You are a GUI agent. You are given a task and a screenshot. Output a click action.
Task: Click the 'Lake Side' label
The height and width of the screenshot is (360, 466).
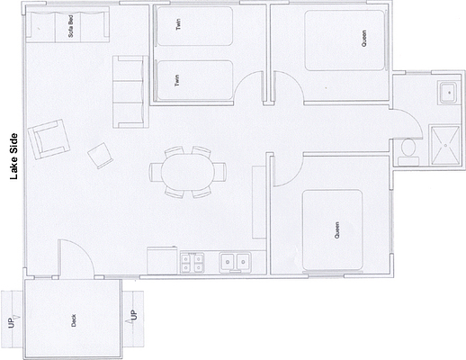coord(13,157)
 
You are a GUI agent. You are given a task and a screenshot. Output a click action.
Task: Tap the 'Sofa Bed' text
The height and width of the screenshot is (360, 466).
coord(71,26)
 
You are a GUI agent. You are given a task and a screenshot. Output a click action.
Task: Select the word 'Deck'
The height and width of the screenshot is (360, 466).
coord(74,320)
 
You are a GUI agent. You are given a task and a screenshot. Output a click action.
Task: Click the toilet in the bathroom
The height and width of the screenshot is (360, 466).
coord(408,152)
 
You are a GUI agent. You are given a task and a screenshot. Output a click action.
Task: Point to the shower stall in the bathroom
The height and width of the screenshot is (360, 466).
coord(445,146)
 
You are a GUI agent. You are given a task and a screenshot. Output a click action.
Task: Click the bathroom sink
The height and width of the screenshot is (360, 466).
coord(448,93)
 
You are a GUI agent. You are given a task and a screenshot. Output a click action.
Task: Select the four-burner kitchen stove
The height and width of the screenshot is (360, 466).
coord(192,263)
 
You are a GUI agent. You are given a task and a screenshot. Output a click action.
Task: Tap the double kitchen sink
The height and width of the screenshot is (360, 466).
coord(235,263)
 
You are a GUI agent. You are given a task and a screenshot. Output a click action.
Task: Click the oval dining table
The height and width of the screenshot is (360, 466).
coord(188,172)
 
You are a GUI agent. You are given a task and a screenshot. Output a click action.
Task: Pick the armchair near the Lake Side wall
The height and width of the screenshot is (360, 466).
coord(49,139)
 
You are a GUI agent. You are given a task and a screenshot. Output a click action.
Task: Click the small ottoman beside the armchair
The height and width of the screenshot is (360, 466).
coord(100,156)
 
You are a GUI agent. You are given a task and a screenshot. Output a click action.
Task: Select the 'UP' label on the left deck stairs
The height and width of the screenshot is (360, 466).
coord(11,322)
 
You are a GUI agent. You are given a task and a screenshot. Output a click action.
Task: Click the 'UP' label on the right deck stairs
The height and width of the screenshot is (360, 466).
coord(134,315)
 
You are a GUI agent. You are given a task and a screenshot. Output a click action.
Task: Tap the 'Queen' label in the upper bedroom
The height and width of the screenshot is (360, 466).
coord(363,38)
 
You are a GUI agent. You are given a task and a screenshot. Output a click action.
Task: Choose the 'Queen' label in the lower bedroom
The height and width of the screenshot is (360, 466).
coord(337,230)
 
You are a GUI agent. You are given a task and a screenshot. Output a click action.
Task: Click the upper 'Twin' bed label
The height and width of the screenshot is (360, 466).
coord(178,24)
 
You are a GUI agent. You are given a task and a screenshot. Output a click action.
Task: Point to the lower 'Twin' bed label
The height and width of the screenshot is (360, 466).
coord(177,80)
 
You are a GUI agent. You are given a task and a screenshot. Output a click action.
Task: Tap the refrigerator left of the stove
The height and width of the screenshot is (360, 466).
coord(162,260)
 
